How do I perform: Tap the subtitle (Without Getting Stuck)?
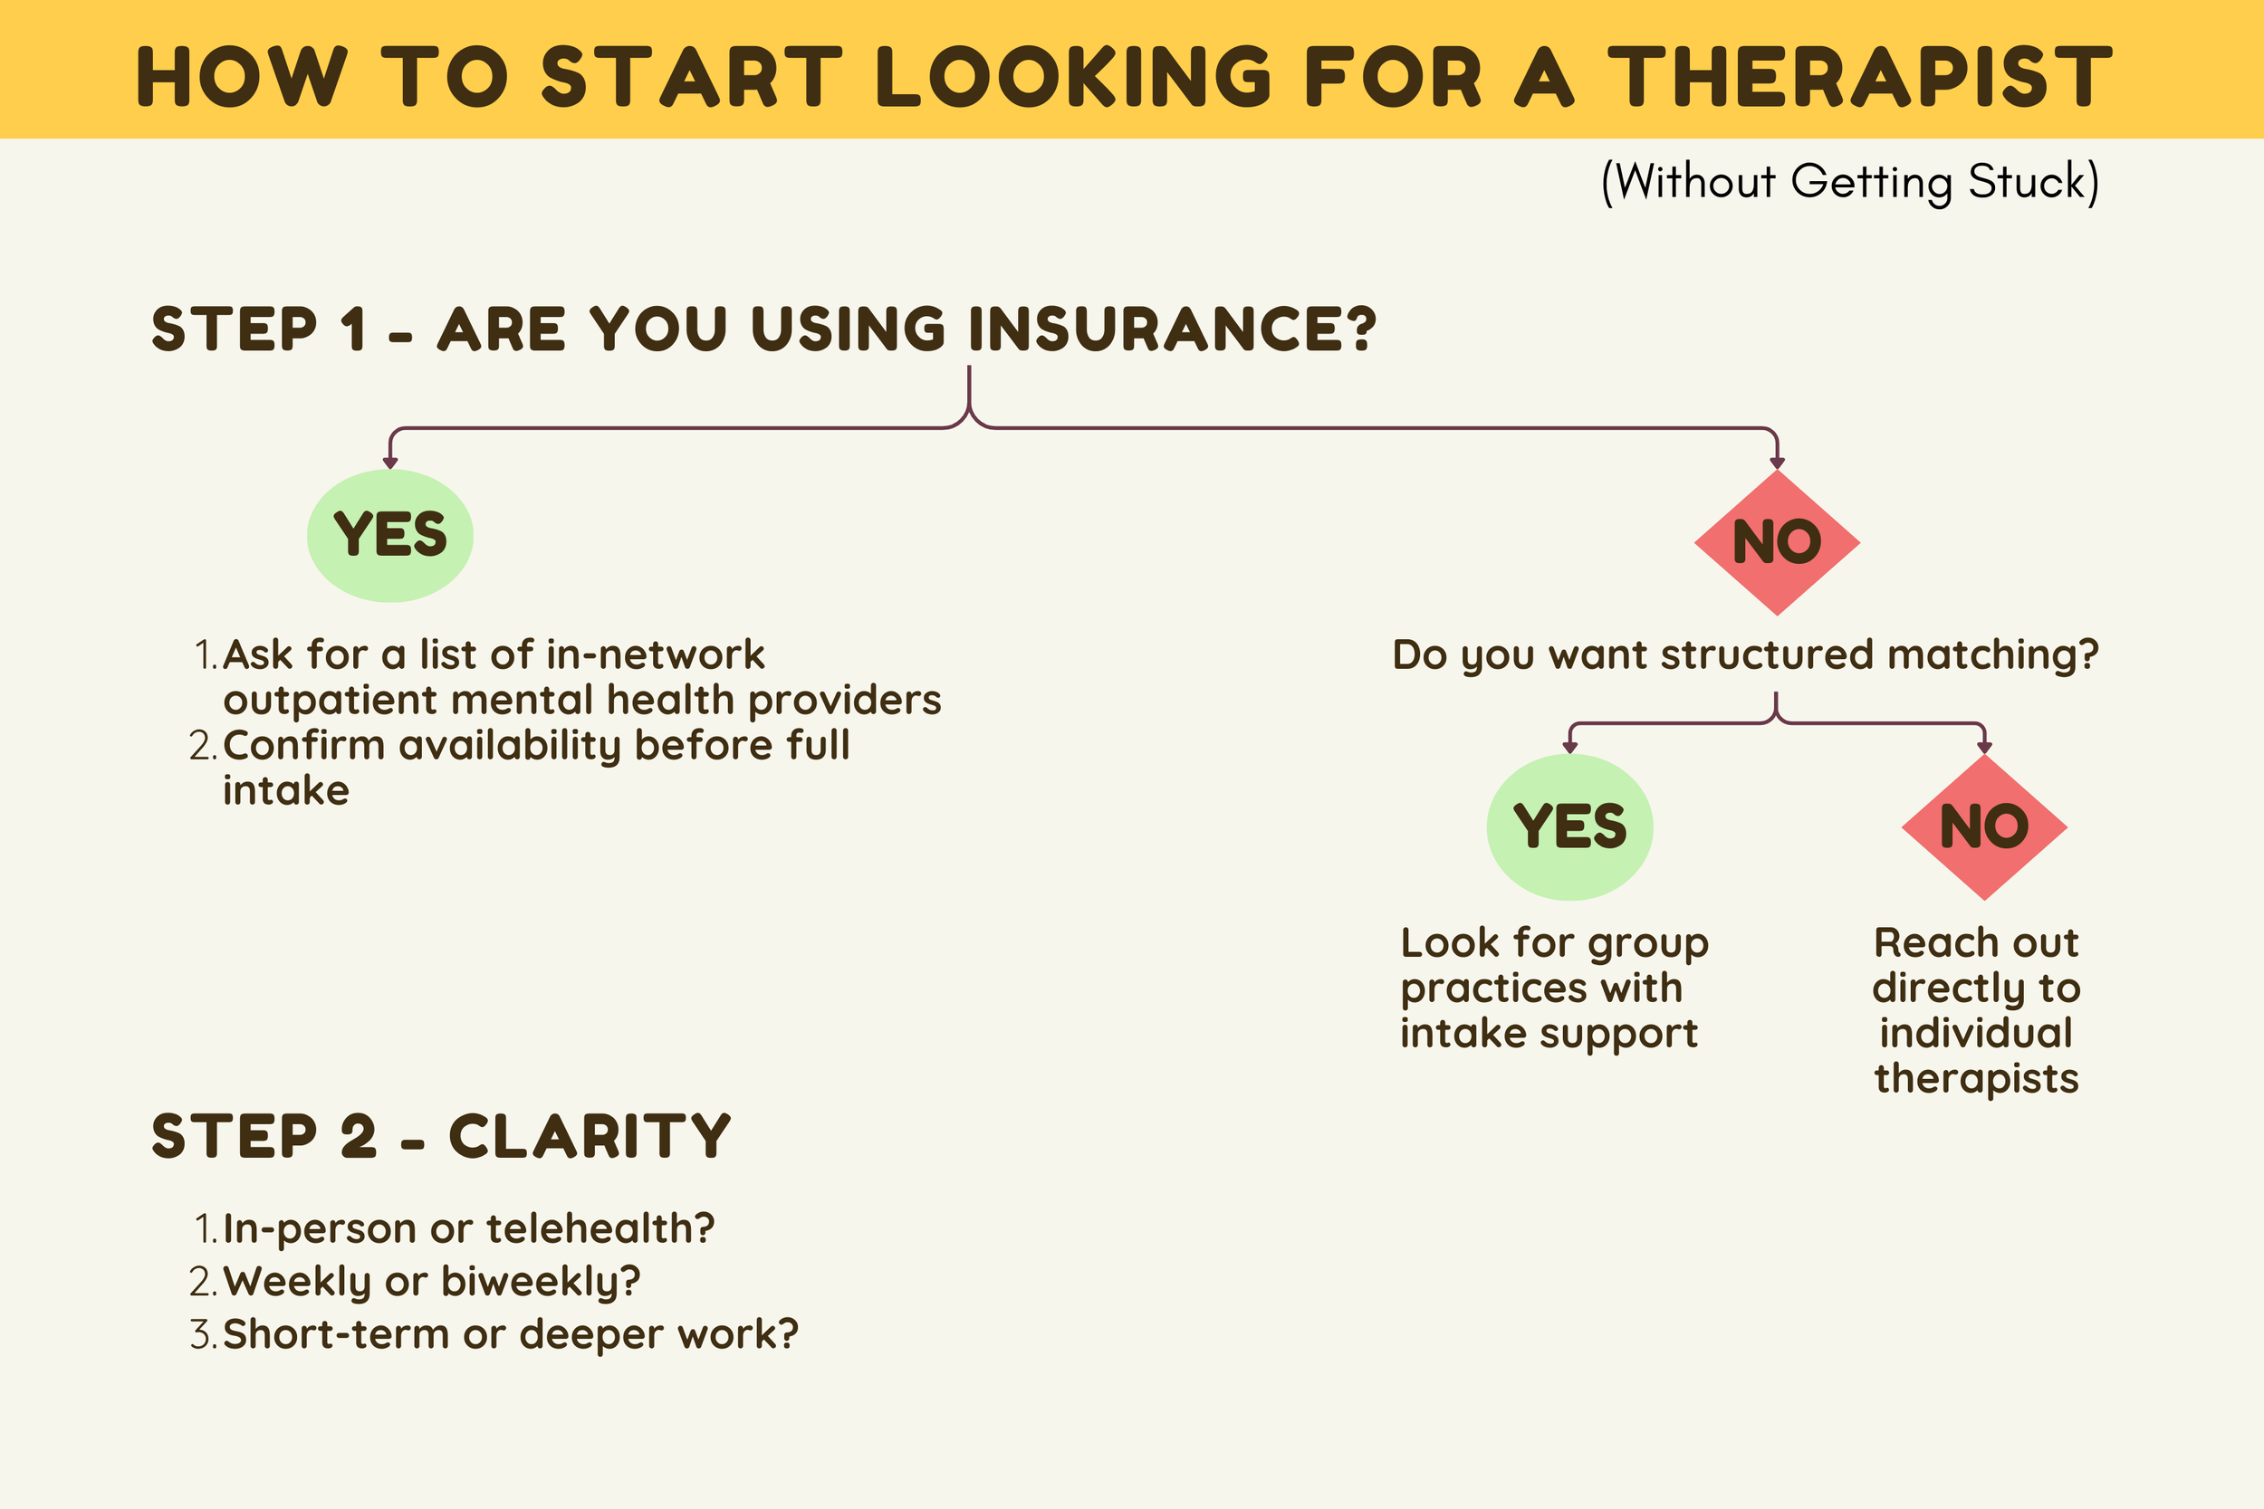point(1849,182)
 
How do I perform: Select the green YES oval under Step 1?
point(389,536)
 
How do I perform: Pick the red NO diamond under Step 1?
point(1777,543)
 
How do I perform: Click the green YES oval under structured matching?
point(1570,827)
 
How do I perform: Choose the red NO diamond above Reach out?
point(1985,827)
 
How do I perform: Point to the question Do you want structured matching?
point(1745,655)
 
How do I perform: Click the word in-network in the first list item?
point(655,655)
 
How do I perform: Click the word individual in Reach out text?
point(1976,1034)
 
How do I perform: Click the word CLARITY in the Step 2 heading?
point(590,1137)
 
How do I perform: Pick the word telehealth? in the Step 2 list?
point(600,1229)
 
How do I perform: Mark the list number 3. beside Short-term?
point(203,1335)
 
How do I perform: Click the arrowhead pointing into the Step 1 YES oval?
point(389,463)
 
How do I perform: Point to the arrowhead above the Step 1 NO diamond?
point(1777,463)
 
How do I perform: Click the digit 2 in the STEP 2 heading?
point(358,1137)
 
